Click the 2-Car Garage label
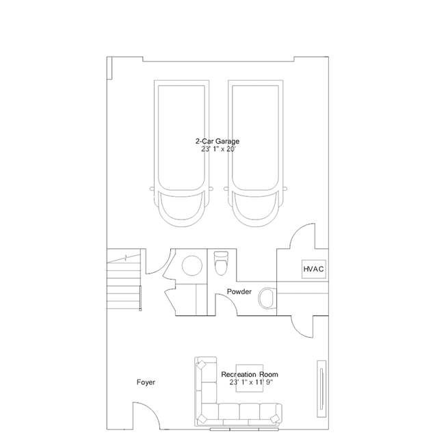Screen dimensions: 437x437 pyautogui.click(x=217, y=141)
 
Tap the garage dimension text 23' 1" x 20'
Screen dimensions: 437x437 pyautogui.click(x=217, y=149)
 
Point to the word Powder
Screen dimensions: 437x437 pyautogui.click(x=239, y=292)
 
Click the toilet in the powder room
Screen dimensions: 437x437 pyautogui.click(x=220, y=262)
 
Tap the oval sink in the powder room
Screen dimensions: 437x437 pyautogui.click(x=267, y=297)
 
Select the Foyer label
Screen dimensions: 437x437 pyautogui.click(x=146, y=382)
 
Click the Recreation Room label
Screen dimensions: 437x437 pyautogui.click(x=250, y=375)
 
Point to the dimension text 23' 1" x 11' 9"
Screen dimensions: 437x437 pyautogui.click(x=250, y=383)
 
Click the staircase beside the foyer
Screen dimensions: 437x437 pyautogui.click(x=124, y=280)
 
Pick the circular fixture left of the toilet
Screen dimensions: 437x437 pyautogui.click(x=191, y=266)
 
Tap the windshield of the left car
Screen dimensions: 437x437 pyautogui.click(x=180, y=204)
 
